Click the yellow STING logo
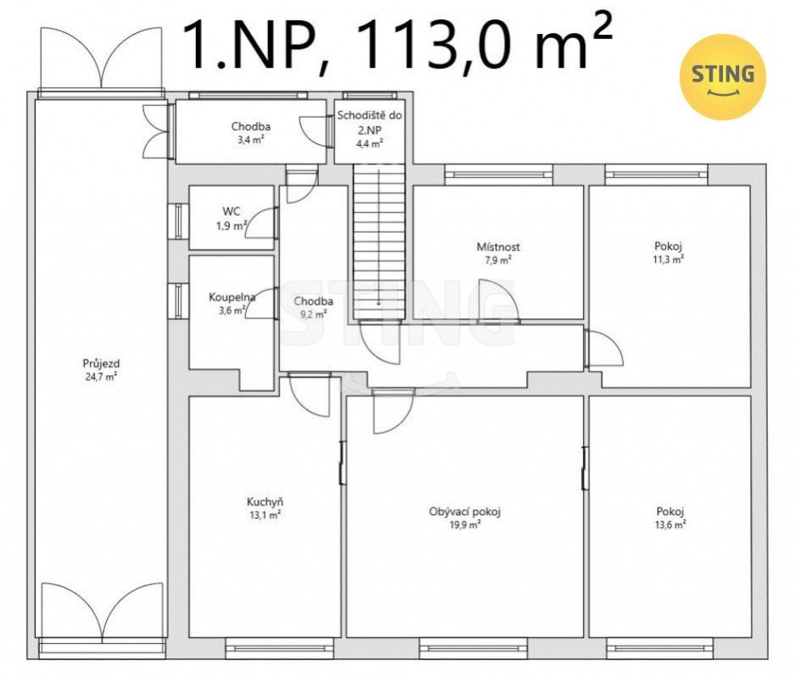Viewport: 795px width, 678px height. [x=723, y=77]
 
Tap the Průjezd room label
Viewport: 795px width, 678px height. [x=102, y=363]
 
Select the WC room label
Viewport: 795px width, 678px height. [x=231, y=211]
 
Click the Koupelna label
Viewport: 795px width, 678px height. [x=232, y=297]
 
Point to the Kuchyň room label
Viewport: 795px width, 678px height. [x=265, y=502]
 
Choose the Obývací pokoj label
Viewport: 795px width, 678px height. [x=464, y=512]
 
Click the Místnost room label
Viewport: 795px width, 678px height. [x=498, y=247]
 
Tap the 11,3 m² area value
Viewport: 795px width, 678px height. [x=669, y=260]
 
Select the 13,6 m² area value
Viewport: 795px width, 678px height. [x=670, y=524]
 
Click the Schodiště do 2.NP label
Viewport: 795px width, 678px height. [x=370, y=123]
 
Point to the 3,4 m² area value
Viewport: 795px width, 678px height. [x=250, y=139]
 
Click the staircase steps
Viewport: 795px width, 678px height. [x=379, y=242]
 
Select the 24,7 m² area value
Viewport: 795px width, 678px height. [x=102, y=376]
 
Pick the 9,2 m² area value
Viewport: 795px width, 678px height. [x=313, y=314]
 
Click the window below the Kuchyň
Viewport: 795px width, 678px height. [x=278, y=647]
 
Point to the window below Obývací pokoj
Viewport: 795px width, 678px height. [x=473, y=647]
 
